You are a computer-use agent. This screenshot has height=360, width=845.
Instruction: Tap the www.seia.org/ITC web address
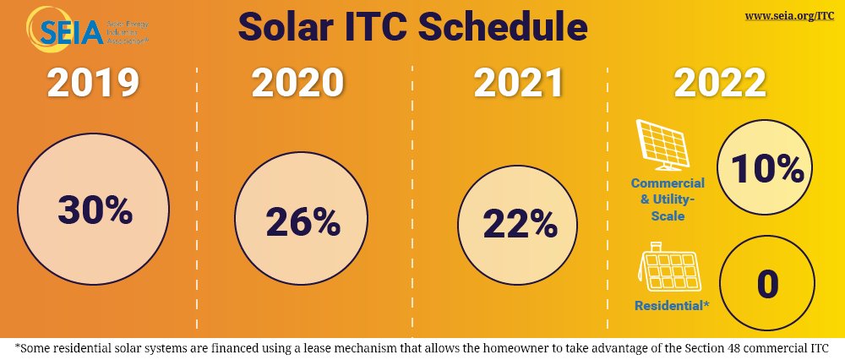pyautogui.click(x=790, y=17)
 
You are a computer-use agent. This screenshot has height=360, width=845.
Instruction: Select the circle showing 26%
pyautogui.click(x=303, y=222)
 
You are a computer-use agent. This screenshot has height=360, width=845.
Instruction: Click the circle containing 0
pyautogui.click(x=767, y=284)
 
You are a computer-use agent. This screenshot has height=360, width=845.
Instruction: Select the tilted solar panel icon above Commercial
pyautogui.click(x=668, y=143)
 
